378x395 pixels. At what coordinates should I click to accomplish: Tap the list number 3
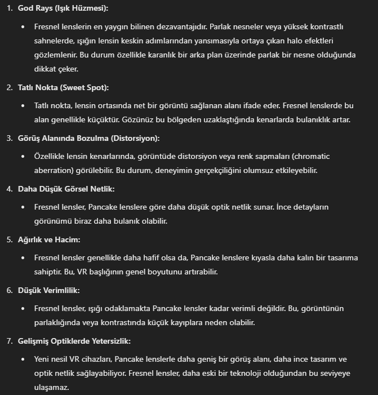click(x=8, y=138)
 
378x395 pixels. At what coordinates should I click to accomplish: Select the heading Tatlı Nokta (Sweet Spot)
click(x=63, y=87)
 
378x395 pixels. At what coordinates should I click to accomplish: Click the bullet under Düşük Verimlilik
click(x=23, y=308)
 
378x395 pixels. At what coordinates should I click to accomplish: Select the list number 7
click(x=8, y=341)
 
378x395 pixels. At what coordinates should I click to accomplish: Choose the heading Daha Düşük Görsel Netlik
click(x=66, y=189)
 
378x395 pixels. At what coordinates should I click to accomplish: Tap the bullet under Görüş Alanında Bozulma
click(x=23, y=156)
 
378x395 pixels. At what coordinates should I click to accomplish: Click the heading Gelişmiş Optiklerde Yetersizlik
click(x=74, y=341)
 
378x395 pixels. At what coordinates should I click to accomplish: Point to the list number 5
click(x=8, y=239)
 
